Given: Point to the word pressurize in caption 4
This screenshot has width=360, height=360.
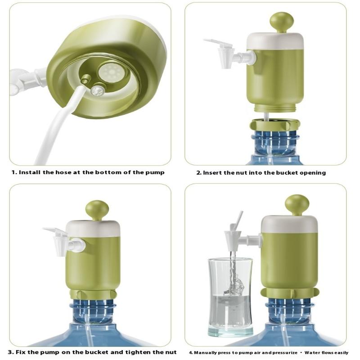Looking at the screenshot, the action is coord(285,353).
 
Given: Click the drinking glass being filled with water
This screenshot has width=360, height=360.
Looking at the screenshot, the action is coord(230,297).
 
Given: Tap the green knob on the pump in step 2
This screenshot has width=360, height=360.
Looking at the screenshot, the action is coord(282,22).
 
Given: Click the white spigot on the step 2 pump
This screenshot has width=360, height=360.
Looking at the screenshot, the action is coord(229,54).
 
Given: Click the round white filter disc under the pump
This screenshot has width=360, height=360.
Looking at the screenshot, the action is coord(112,72).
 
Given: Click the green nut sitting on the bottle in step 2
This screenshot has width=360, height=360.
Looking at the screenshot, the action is coord(275,125).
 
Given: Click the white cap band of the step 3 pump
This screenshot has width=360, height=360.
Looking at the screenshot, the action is coord(93,229).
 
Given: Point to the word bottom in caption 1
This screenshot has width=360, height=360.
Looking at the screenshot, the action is coord(108,172).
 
